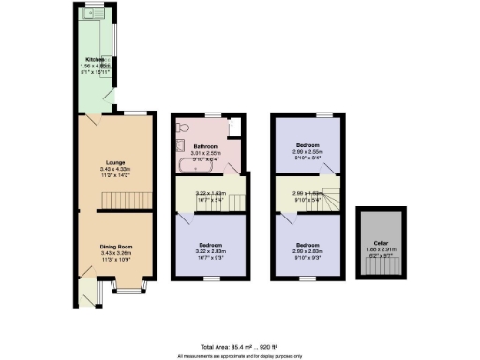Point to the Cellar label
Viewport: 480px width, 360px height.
click(x=379, y=242)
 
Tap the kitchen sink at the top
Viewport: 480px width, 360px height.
click(x=94, y=14)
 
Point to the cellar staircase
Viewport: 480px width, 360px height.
click(x=379, y=267)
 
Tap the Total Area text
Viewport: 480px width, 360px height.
click(x=239, y=347)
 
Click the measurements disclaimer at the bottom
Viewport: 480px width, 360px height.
click(x=239, y=355)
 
